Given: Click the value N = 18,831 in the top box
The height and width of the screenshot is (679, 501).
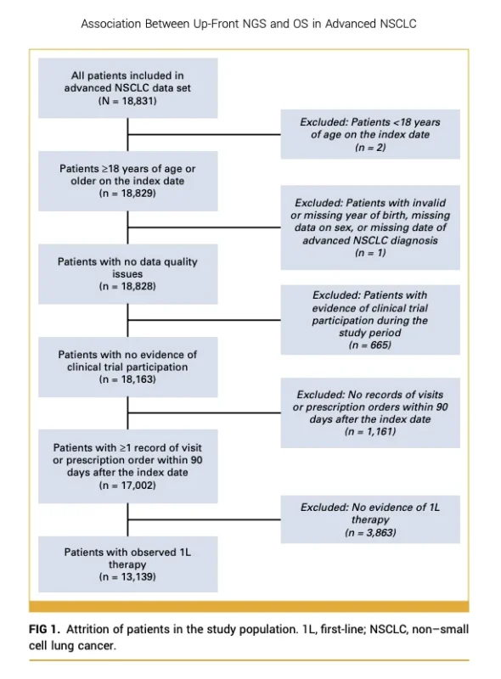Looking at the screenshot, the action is pyautogui.click(x=127, y=101).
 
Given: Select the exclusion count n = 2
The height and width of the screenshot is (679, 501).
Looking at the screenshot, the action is pyautogui.click(x=370, y=147).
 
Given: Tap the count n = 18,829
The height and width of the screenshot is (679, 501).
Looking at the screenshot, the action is pyautogui.click(x=127, y=194).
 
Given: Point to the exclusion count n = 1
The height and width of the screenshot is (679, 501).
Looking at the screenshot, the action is pyautogui.click(x=370, y=252).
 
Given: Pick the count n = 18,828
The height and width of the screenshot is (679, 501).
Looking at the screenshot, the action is pyautogui.click(x=127, y=286).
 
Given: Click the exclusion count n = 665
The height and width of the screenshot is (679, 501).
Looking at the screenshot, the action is pyautogui.click(x=369, y=345).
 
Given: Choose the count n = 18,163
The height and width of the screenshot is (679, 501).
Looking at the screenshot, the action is pyautogui.click(x=127, y=379).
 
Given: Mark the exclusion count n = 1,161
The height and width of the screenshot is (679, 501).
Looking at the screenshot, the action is pyautogui.click(x=370, y=431).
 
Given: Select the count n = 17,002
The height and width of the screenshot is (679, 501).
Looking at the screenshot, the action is pyautogui.click(x=127, y=485).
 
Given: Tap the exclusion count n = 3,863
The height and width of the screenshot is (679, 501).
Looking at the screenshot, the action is pyautogui.click(x=370, y=532).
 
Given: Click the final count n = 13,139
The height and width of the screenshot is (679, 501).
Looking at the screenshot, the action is pyautogui.click(x=127, y=577).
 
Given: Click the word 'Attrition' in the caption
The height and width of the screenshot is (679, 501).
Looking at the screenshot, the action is pyautogui.click(x=87, y=629).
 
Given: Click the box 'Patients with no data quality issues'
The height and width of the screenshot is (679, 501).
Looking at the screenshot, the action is pyautogui.click(x=128, y=273).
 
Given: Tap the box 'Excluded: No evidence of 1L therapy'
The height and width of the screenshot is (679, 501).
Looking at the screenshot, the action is pyautogui.click(x=370, y=519).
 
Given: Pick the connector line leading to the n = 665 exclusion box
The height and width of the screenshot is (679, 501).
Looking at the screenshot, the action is pyautogui.click(x=204, y=320).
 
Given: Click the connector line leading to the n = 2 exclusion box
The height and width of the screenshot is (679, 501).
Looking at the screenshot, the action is pyautogui.click(x=204, y=134).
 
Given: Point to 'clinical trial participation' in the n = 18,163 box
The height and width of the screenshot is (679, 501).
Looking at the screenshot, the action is pyautogui.click(x=127, y=367).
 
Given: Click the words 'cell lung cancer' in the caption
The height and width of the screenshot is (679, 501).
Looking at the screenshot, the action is pyautogui.click(x=72, y=646).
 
